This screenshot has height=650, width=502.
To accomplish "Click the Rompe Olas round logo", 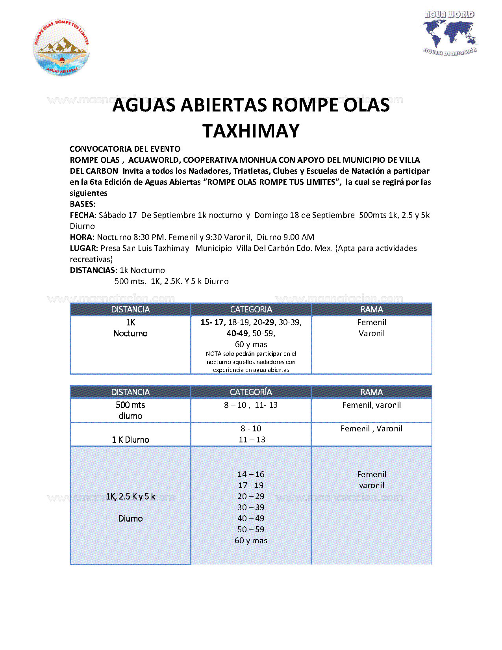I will point(61,47).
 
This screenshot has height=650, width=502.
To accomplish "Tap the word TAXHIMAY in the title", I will point(251,131).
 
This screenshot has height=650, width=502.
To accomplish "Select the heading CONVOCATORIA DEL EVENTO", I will point(125,149).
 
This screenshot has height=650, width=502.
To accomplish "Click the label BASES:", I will point(83,204).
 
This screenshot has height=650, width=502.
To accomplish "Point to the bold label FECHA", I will point(82,215).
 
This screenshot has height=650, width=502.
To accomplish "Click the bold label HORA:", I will point(82,237).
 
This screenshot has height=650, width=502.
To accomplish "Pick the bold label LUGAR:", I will point(84,248).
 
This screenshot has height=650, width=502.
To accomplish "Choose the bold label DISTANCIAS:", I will point(93,270).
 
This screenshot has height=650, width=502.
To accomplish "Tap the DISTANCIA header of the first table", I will point(130,310).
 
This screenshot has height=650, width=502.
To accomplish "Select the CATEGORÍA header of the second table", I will point(251,392).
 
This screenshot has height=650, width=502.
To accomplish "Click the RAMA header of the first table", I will point(372,310).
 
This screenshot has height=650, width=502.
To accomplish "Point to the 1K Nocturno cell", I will point(130,328).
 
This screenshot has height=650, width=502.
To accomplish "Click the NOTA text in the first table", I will point(251,362).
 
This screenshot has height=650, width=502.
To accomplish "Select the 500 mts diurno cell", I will point(130,410).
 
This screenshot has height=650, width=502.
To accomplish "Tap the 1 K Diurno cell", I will point(130,440).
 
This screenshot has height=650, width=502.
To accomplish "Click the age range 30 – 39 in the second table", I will point(251,507).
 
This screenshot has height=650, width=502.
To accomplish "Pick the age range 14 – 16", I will point(251,474).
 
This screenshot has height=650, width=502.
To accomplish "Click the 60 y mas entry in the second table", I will point(251,540).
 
